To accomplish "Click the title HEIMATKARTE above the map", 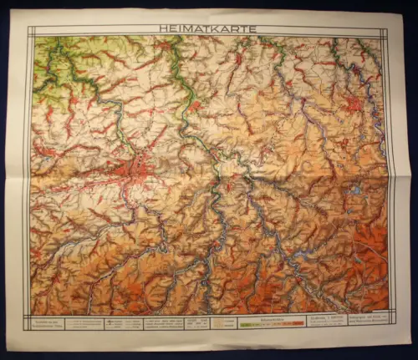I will (x=207, y=28).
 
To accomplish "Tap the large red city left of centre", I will (x=138, y=167).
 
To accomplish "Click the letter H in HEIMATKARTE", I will (x=162, y=28).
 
